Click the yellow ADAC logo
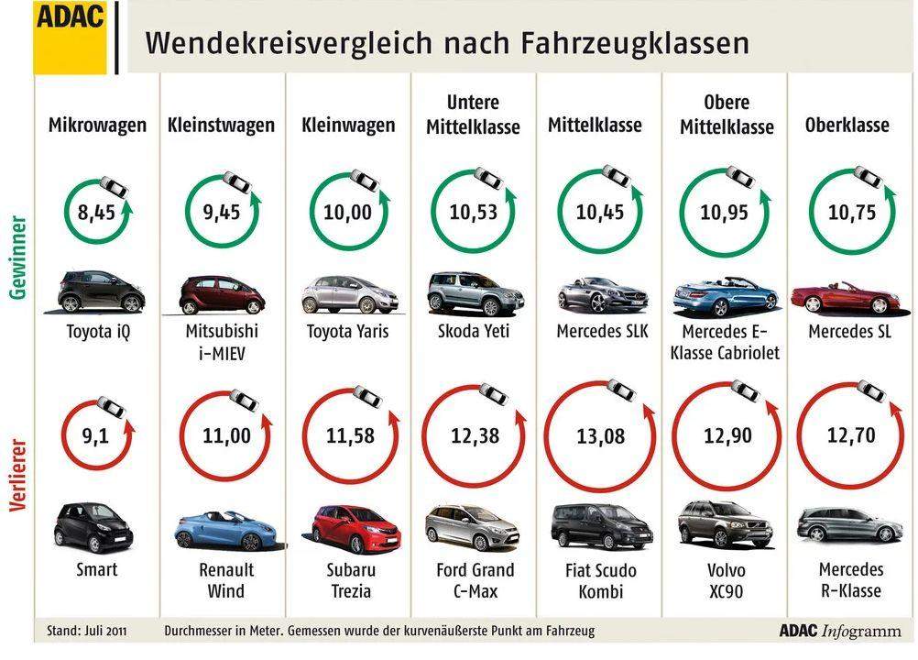(70, 37)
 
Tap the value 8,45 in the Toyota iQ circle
(96, 213)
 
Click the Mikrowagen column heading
(97, 126)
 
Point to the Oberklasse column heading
(847, 125)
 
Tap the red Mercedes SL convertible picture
(847, 297)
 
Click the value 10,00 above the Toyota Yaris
(348, 213)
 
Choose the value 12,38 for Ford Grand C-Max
(475, 436)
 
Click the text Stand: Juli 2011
(87, 631)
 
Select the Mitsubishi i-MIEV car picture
(222, 293)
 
